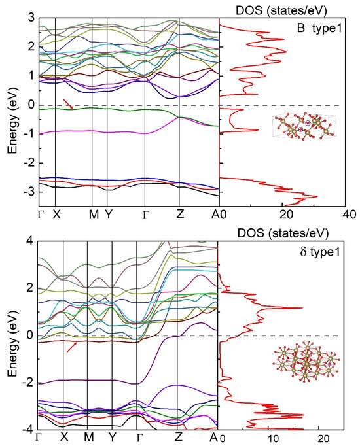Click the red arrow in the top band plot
(x=68, y=104)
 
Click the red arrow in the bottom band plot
(x=72, y=347)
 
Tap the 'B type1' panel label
(x=319, y=28)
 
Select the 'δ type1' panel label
(x=320, y=252)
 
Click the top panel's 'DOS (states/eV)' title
(x=281, y=10)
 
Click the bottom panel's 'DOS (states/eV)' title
(x=283, y=233)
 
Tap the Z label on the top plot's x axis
(x=179, y=214)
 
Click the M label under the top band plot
(x=94, y=214)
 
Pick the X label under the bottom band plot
(x=65, y=436)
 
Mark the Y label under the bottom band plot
(x=113, y=436)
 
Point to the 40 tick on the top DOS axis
(x=349, y=215)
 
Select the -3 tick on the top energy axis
(x=29, y=192)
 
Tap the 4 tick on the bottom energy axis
(x=30, y=241)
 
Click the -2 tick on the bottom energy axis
(x=29, y=383)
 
